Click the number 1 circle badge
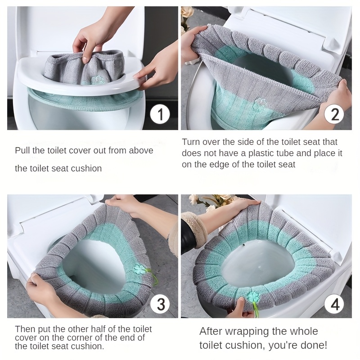pos(160,114)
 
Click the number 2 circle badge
pos(334,114)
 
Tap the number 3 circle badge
pos(160,304)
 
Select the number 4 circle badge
pos(334,304)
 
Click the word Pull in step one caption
pos(22,151)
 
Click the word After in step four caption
pos(211,331)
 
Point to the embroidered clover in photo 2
pos(259,104)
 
